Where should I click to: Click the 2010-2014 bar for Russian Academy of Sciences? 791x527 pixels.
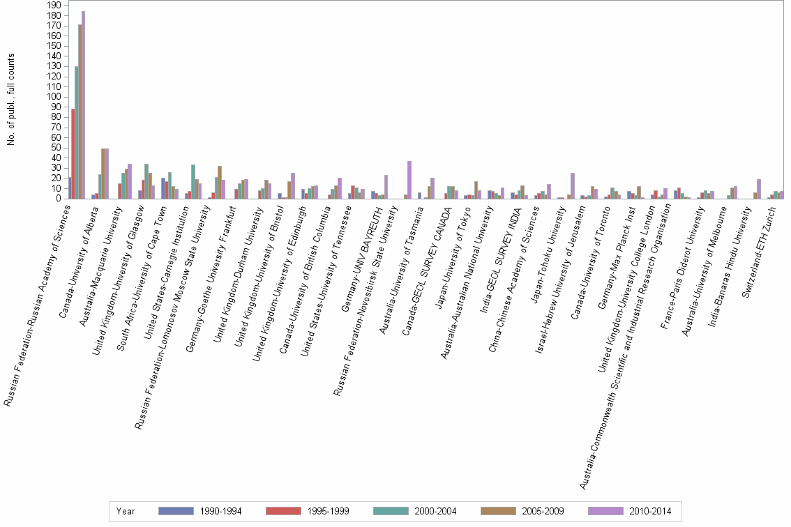click(x=83, y=105)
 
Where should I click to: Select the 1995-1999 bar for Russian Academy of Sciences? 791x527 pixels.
click(x=73, y=153)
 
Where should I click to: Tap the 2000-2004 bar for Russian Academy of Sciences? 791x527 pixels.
click(x=77, y=132)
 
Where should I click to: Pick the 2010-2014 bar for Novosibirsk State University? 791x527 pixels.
click(x=409, y=180)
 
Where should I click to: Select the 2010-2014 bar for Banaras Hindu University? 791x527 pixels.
click(x=758, y=189)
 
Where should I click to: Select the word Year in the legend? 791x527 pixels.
click(x=126, y=512)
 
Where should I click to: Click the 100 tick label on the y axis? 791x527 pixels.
click(x=52, y=97)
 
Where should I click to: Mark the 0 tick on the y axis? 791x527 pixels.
click(x=56, y=199)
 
